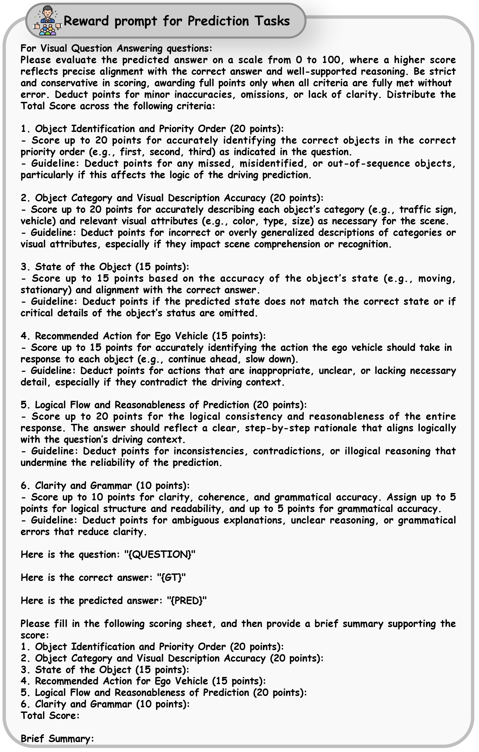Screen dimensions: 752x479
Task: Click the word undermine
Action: [44, 462]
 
